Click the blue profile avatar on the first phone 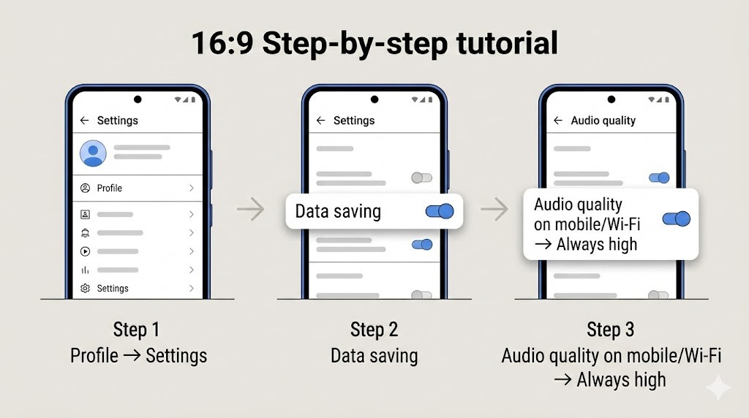click(93, 153)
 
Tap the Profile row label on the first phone click(110, 189)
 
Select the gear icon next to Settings click(86, 289)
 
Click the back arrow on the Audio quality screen click(558, 121)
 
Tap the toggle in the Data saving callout click(440, 211)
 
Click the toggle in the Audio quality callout click(676, 218)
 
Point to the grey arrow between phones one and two click(250, 210)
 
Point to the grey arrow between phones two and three click(494, 210)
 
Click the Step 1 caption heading click(136, 330)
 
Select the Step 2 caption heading click(373, 330)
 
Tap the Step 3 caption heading click(610, 330)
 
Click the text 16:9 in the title click(222, 43)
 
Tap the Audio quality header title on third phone click(603, 121)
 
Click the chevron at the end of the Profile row click(192, 189)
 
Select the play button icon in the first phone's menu click(86, 251)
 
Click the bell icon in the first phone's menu click(86, 233)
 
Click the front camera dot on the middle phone click(374, 99)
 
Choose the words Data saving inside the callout click(338, 212)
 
